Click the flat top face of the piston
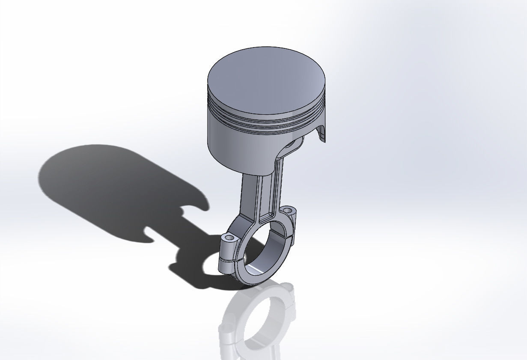coord(265,79)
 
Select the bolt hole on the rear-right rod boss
coord(288,210)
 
